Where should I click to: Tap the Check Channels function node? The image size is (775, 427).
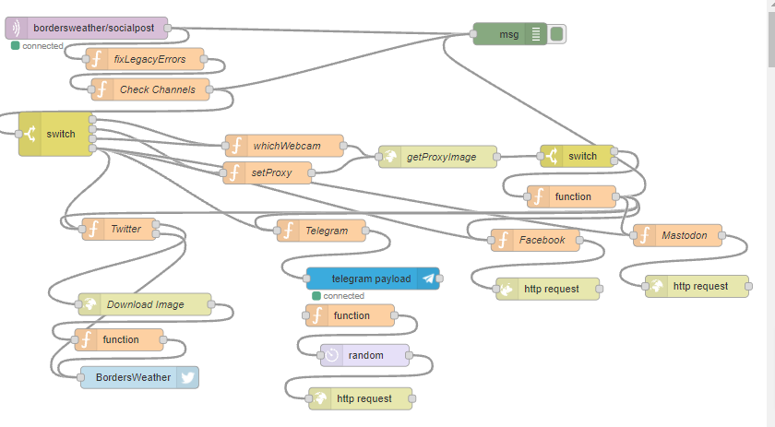pyautogui.click(x=156, y=89)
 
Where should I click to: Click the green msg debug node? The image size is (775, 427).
pyautogui.click(x=508, y=34)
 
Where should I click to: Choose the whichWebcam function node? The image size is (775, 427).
pyautogui.click(x=286, y=146)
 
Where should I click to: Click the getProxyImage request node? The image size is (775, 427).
pyautogui.click(x=440, y=157)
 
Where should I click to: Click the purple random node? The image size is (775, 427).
pyautogui.click(x=364, y=355)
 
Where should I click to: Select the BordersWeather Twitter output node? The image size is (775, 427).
pyautogui.click(x=138, y=377)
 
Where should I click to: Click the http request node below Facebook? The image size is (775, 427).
pyautogui.click(x=550, y=289)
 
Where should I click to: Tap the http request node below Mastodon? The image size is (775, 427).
pyautogui.click(x=699, y=286)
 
